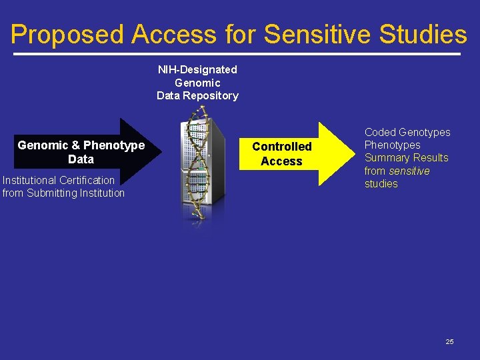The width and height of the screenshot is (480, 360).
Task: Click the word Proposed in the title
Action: [67, 35]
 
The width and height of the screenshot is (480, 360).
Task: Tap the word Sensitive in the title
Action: [317, 35]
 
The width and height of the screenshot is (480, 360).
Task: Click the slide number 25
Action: [449, 341]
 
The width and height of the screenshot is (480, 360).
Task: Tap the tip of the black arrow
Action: [161, 152]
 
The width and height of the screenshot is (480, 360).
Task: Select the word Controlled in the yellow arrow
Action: [281, 147]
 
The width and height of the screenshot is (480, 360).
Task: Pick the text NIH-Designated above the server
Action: [197, 69]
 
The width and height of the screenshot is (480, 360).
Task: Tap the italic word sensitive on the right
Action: [409, 171]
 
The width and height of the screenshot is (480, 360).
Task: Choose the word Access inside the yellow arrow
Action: [281, 161]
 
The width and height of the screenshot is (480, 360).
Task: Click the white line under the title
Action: [240, 53]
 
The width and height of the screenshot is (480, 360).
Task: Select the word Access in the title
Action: [174, 35]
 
